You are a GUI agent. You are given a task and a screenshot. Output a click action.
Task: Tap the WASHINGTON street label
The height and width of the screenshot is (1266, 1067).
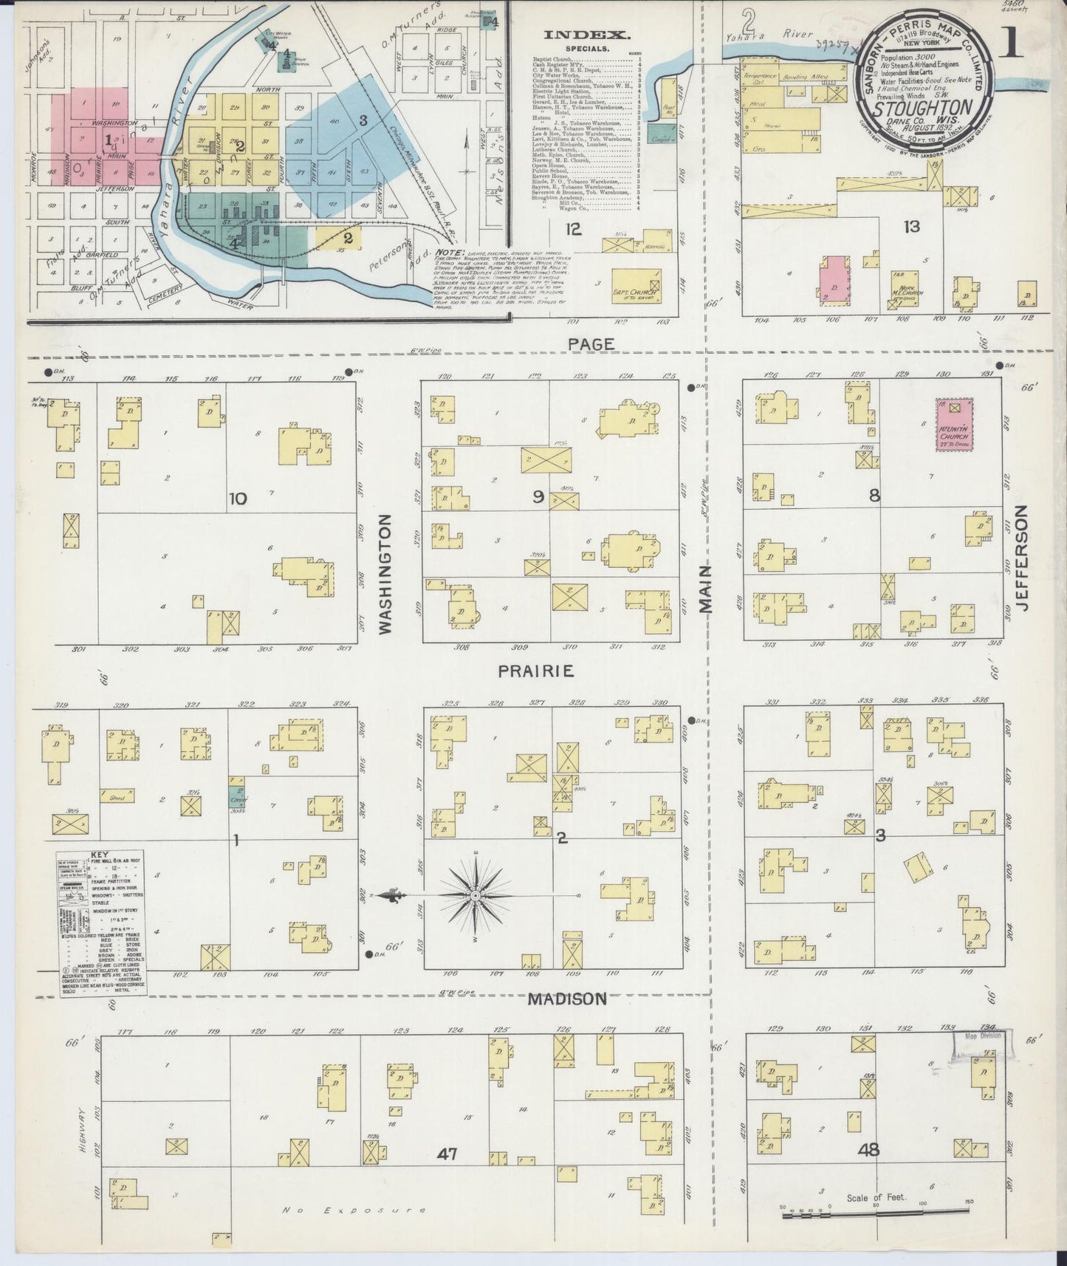[x=385, y=575]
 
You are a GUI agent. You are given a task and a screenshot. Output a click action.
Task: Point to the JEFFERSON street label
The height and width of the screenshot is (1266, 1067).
[x=1022, y=558]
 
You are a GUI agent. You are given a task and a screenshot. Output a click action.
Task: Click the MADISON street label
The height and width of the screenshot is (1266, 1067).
[x=567, y=999]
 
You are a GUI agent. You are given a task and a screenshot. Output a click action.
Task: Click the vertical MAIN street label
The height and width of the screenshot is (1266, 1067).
[x=706, y=589]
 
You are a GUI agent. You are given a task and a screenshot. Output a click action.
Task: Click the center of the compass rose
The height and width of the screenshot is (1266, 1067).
[x=476, y=895]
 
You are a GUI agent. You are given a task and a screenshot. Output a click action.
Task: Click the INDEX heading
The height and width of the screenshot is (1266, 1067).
[x=586, y=35]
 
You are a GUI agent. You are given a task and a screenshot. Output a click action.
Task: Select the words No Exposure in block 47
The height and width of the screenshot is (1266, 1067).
[x=355, y=1210]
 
